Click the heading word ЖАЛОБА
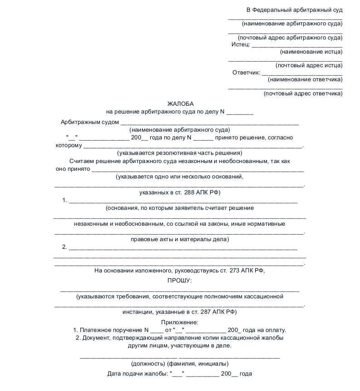point(180,104)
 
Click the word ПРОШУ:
point(180,280)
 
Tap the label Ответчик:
point(246,73)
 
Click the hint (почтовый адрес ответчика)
point(303,94)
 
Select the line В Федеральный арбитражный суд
point(295,10)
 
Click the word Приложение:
point(180,322)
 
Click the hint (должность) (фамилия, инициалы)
point(180,364)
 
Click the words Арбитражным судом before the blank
point(90,122)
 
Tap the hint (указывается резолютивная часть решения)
point(180,153)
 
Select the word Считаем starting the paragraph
point(82,161)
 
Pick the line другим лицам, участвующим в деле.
point(180,345)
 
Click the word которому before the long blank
point(69,146)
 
